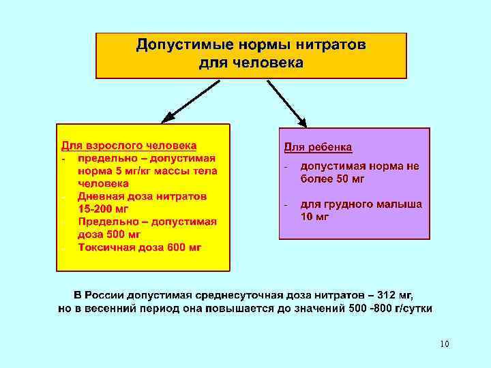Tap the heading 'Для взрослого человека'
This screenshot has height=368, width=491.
pos(130,145)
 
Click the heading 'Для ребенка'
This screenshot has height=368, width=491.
pos(318,147)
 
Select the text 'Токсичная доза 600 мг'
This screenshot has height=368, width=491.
pos(140,247)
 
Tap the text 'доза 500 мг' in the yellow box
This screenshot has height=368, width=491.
pos(109,234)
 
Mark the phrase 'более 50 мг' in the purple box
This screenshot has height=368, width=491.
pos(332,179)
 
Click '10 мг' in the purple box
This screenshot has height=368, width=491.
pos(314,217)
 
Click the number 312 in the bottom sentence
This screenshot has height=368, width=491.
pos(387,295)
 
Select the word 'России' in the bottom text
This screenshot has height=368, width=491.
pos(110,295)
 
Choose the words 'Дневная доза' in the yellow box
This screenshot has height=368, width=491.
pos(113,196)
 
